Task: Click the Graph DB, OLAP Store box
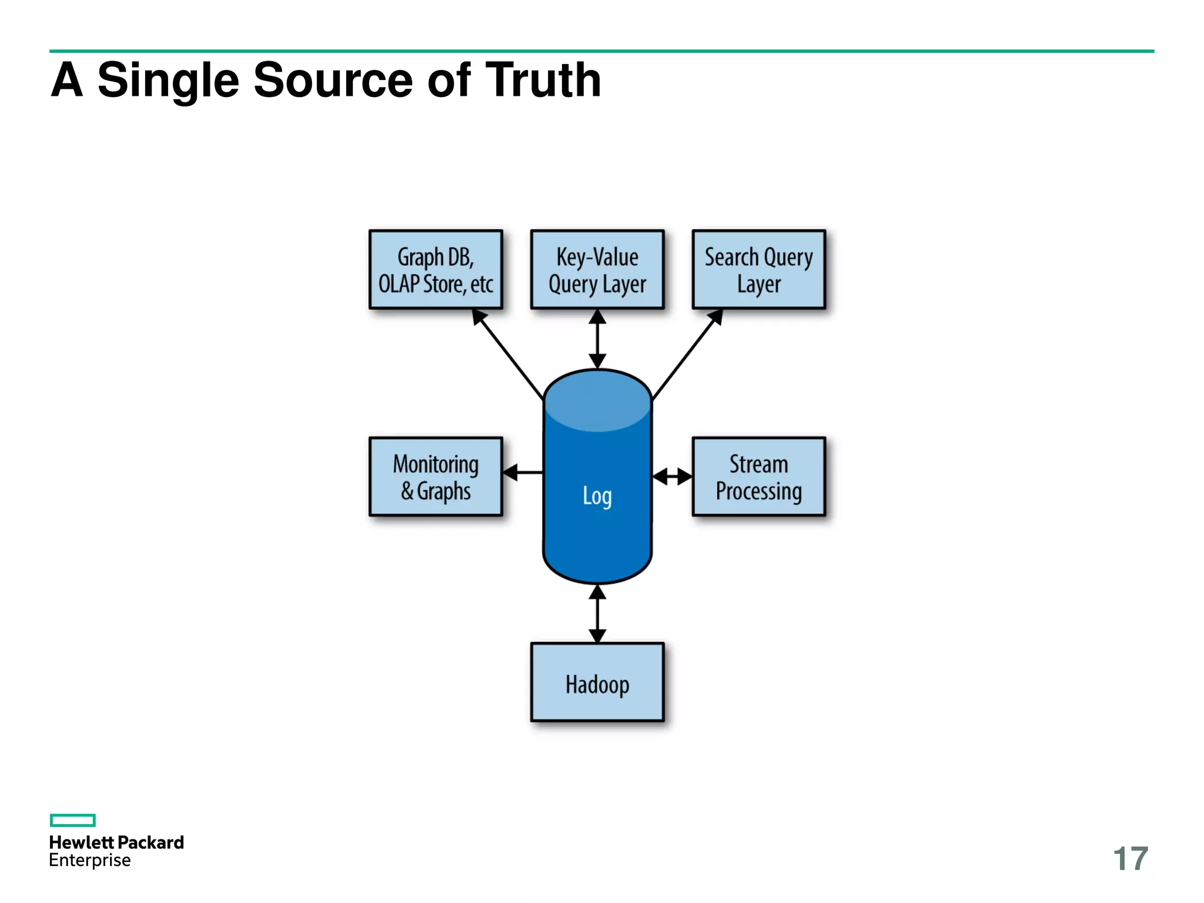(x=436, y=270)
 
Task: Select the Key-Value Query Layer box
(x=597, y=270)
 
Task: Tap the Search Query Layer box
(x=759, y=270)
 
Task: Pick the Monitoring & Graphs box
(x=436, y=477)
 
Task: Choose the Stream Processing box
(x=759, y=477)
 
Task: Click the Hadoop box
(x=597, y=683)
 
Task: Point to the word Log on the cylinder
(x=597, y=496)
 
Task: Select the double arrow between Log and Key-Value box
(x=597, y=339)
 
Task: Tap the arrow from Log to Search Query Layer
(x=688, y=353)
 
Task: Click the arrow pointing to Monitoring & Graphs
(x=523, y=472)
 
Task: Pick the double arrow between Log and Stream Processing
(x=673, y=476)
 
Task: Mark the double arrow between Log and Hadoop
(x=597, y=614)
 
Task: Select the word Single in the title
(x=168, y=80)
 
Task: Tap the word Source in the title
(x=333, y=80)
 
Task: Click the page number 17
(x=1131, y=859)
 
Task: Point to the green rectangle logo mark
(x=73, y=820)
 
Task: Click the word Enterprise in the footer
(x=90, y=861)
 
